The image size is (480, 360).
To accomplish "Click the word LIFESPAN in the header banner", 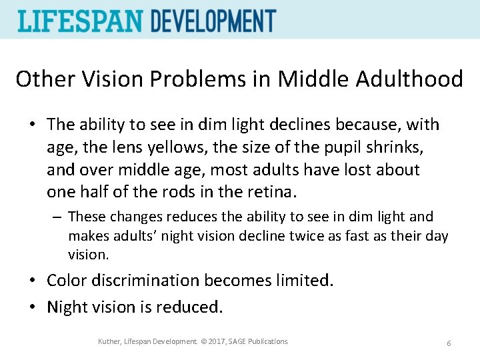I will coord(81,21).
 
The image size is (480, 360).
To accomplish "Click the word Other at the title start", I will coord(41,79).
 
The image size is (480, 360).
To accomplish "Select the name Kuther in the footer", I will coord(109,341).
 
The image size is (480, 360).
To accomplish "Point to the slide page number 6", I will coord(449,343).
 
